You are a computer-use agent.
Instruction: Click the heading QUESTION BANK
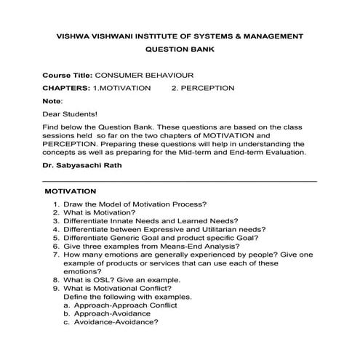(x=180, y=51)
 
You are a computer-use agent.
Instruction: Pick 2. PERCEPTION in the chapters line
(x=202, y=88)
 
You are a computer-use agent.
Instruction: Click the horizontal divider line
(x=180, y=181)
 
